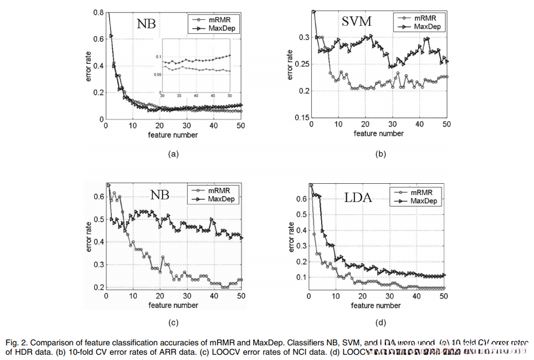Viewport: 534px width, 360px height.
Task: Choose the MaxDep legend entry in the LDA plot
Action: click(423, 201)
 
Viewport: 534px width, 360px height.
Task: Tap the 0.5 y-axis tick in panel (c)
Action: click(97, 219)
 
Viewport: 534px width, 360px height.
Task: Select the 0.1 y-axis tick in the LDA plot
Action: click(300, 277)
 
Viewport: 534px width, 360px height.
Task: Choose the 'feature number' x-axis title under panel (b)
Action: click(378, 133)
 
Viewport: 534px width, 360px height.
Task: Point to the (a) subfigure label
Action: click(172, 154)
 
